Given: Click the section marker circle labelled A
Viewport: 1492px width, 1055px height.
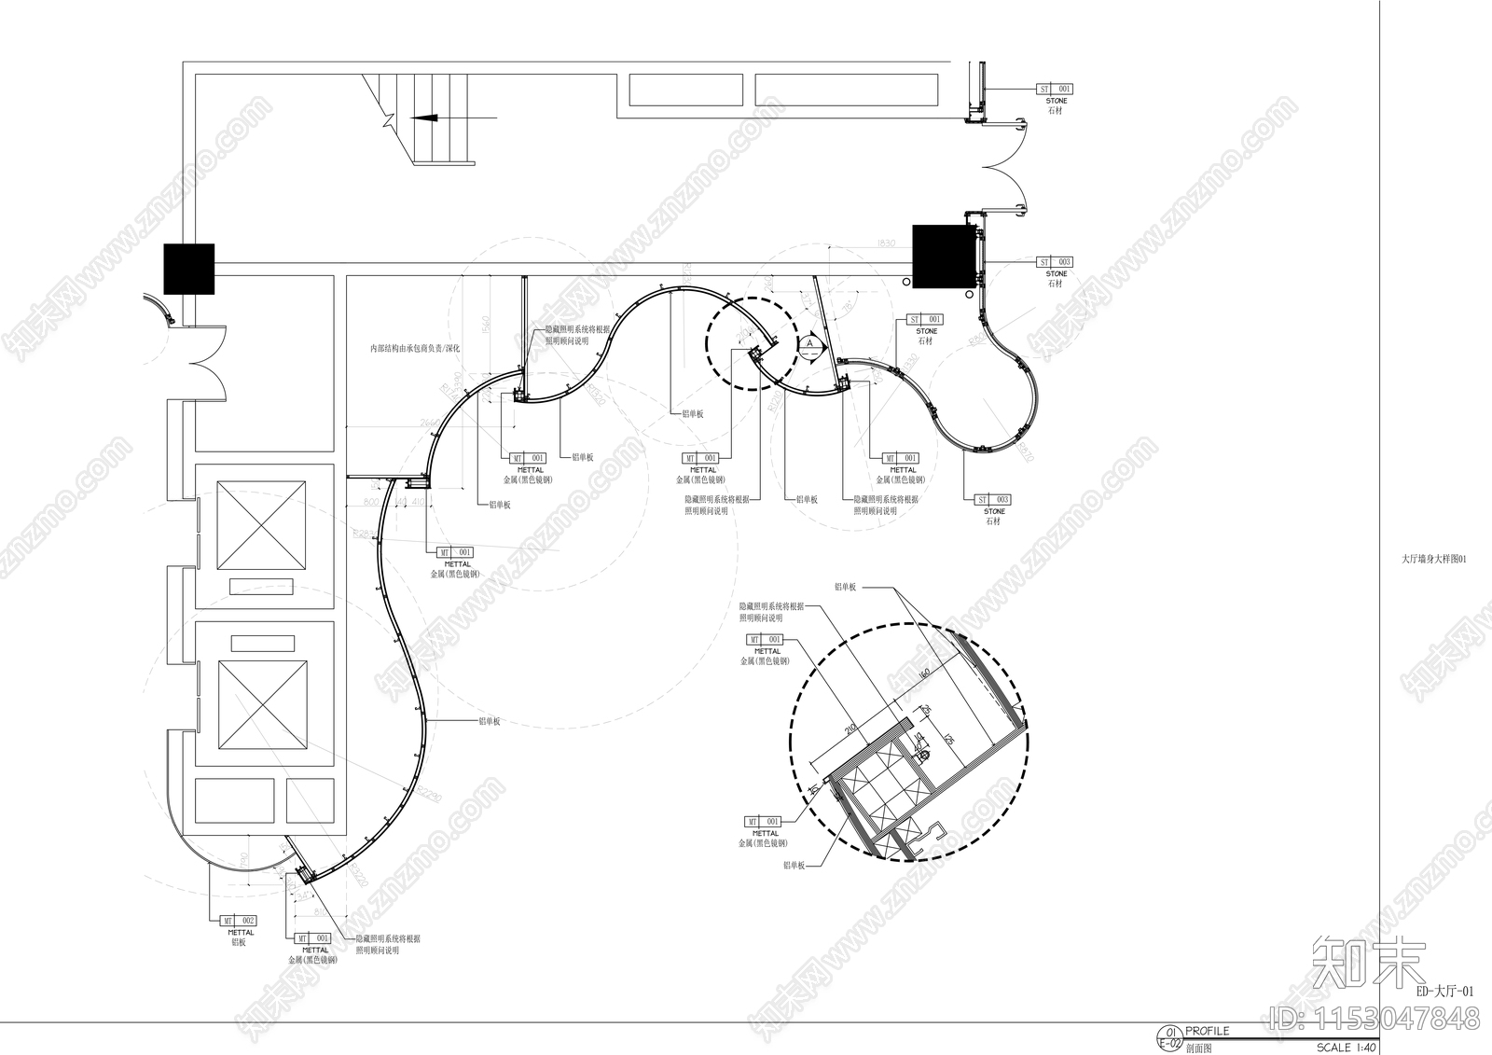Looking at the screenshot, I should point(810,343).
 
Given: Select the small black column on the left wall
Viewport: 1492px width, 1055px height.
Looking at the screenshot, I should point(189,269).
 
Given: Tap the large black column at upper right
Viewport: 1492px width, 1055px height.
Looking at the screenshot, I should point(943,256).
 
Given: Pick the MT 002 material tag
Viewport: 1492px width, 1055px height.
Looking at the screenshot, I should point(240,921).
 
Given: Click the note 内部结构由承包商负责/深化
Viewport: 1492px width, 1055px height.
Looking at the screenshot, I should point(415,348).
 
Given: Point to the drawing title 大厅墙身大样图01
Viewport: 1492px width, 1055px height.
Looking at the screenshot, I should point(1434,560).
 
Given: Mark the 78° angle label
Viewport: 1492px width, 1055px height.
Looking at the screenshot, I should point(848,304).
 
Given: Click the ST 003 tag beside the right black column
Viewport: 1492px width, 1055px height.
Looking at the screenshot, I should point(1056,262).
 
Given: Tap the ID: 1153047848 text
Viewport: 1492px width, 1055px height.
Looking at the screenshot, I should point(1375,1017).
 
